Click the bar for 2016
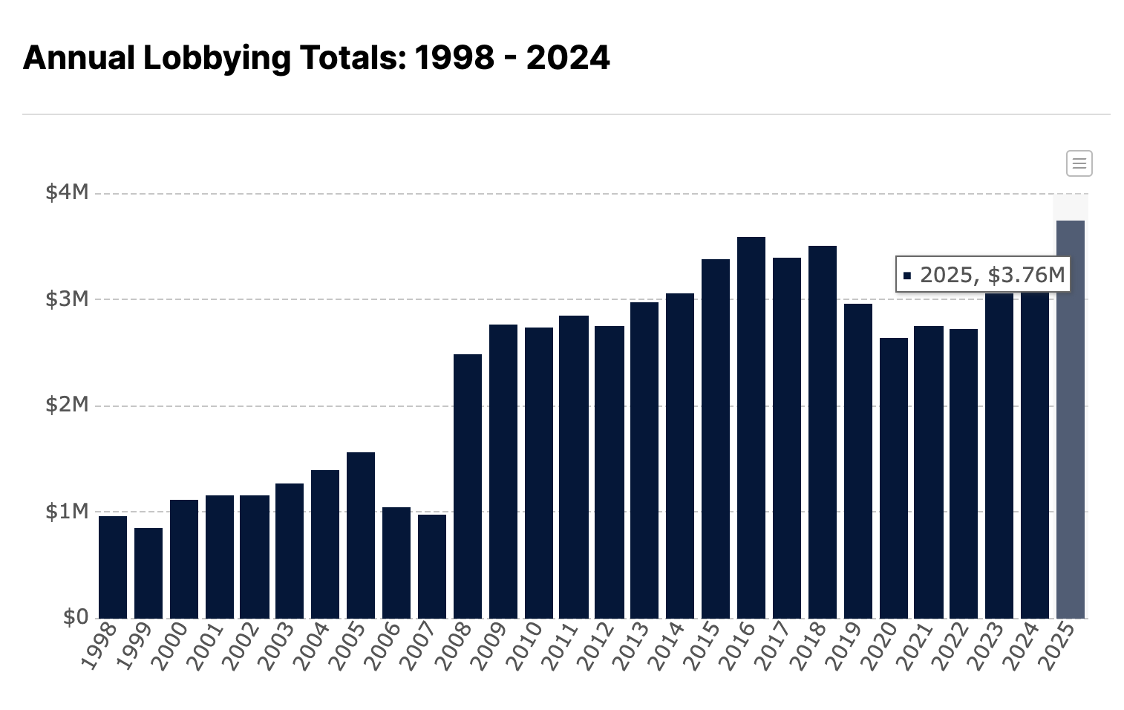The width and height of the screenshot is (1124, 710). coord(751,427)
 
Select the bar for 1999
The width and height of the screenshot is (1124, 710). coord(148,573)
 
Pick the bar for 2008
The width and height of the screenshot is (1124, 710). coord(468,486)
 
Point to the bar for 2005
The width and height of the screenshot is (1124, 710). coord(361,535)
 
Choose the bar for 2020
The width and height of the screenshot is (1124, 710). coord(894,478)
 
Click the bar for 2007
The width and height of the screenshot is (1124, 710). coord(432,566)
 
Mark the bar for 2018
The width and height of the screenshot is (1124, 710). coord(823,431)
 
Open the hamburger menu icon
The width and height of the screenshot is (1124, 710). coord(1079,163)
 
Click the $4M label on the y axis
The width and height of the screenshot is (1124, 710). coord(67,192)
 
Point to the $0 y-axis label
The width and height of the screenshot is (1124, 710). coord(75,617)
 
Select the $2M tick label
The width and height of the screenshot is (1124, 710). coord(67,405)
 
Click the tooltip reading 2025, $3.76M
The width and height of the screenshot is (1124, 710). coord(984,275)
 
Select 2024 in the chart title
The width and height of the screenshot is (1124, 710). coord(568,58)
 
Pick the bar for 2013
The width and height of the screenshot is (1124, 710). coord(644,460)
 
